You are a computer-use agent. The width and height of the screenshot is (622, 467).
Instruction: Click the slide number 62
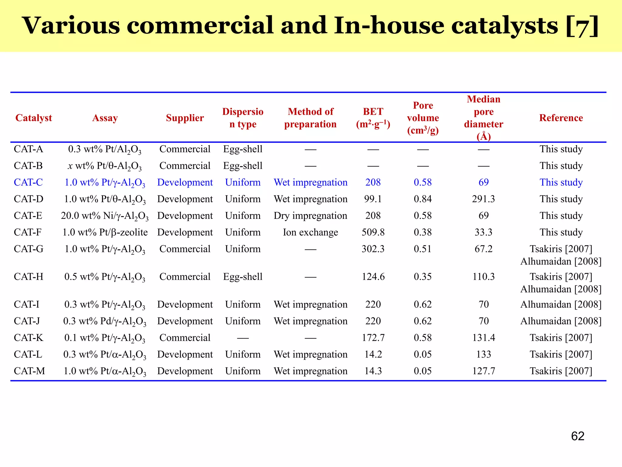(x=577, y=436)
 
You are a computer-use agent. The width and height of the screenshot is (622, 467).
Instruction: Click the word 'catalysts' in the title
(x=504, y=26)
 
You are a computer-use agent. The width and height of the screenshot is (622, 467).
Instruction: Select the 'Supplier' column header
(x=185, y=118)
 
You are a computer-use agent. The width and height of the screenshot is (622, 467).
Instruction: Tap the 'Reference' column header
(x=561, y=118)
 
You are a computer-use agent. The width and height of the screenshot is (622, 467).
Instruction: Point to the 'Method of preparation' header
(x=310, y=118)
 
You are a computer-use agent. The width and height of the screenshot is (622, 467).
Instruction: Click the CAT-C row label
(x=28, y=182)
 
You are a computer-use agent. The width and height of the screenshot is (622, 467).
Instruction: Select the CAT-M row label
(x=29, y=371)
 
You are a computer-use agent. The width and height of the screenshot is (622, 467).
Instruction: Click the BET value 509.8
(x=373, y=232)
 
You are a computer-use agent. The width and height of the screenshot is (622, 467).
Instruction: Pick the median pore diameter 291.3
(x=483, y=199)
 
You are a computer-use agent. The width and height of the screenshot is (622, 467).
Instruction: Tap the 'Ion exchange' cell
(x=310, y=232)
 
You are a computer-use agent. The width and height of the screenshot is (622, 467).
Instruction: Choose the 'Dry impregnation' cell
(x=310, y=216)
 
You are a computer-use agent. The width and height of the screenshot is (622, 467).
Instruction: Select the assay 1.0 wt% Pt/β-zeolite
(x=105, y=232)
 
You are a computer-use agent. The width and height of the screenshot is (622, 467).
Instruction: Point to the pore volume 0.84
(x=422, y=199)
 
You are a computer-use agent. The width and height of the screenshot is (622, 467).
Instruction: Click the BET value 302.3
(x=373, y=249)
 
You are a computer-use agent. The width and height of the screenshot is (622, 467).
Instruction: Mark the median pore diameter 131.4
(x=484, y=338)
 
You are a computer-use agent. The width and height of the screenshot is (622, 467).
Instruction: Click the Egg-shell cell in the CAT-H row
(x=243, y=277)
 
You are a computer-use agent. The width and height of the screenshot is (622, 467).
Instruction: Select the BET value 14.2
(x=373, y=355)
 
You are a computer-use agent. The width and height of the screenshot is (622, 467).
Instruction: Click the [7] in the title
(x=582, y=26)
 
